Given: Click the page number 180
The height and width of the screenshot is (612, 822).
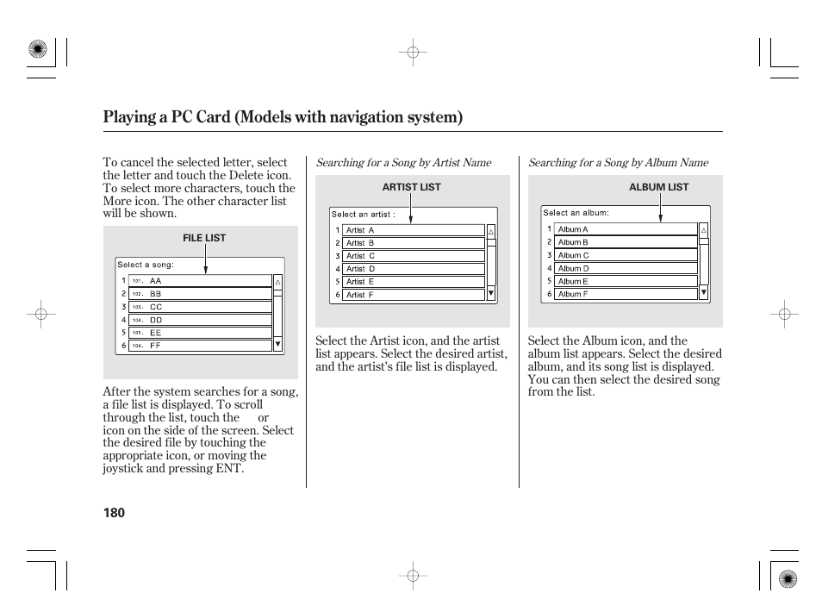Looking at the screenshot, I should [114, 513].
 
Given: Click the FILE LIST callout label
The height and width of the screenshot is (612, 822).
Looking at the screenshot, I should [204, 238].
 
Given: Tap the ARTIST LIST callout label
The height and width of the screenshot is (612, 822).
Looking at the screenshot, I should [411, 187].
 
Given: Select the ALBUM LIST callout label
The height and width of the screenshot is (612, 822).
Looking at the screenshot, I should [658, 187].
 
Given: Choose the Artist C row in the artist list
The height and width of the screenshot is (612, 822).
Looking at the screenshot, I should [413, 256].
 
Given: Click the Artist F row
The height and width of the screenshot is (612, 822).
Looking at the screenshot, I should [413, 295].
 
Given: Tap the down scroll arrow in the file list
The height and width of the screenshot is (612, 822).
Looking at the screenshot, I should [277, 345].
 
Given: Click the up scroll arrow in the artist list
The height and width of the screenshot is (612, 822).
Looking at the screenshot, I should [491, 232].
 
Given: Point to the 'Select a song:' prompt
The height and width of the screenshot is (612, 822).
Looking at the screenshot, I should [146, 265].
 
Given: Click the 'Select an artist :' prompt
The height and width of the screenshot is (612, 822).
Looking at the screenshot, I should [364, 215].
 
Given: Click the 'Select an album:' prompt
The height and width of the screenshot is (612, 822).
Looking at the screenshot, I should [576, 213].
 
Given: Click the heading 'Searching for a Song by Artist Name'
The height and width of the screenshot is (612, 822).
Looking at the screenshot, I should [403, 162].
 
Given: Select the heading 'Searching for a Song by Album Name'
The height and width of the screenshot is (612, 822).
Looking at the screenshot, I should [618, 162].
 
